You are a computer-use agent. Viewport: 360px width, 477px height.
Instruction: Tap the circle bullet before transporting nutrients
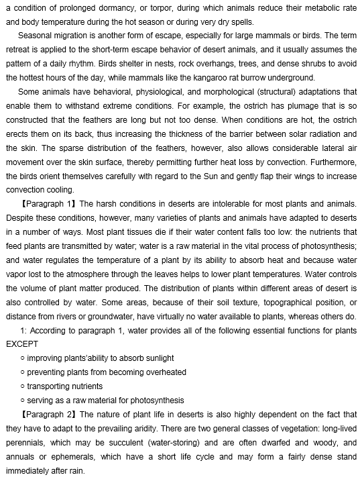[23, 386]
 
